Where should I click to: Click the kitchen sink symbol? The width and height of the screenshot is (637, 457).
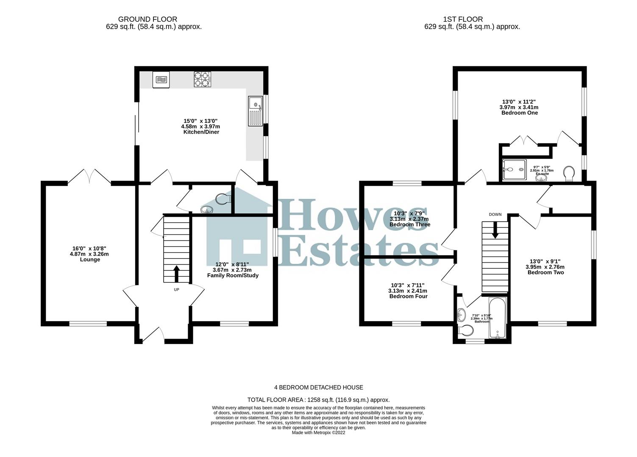click(x=256, y=111)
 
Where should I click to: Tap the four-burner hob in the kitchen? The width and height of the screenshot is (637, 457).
click(x=202, y=79)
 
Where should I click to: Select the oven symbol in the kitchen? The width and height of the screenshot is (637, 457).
click(x=161, y=80)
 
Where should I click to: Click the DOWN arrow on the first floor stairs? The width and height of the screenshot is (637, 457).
click(x=495, y=230)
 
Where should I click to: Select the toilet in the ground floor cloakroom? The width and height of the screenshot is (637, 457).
click(x=223, y=198)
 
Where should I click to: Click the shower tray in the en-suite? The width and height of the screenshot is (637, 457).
click(x=513, y=170)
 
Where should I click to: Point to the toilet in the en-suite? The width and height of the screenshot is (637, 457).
click(x=570, y=173)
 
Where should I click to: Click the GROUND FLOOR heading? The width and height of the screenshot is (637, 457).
click(x=147, y=19)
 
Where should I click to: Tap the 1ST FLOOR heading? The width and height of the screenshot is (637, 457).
click(x=463, y=19)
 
